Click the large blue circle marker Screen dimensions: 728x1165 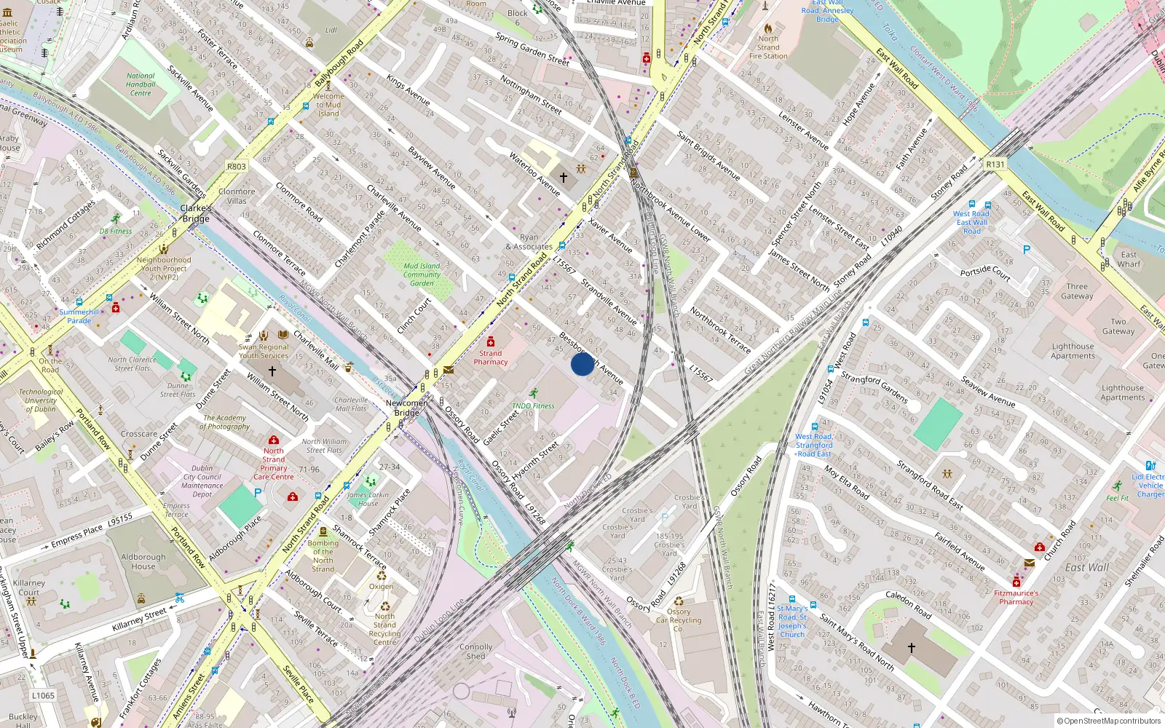tap(582, 364)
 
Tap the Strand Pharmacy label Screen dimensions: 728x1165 tap(490, 357)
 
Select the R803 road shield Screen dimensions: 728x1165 tap(237, 167)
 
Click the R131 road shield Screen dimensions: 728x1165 tap(995, 165)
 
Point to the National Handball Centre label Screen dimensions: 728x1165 tap(141, 84)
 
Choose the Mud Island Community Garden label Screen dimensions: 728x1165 tap(422, 274)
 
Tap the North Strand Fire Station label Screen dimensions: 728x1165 tap(768, 47)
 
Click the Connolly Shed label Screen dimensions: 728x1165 tap(475, 652)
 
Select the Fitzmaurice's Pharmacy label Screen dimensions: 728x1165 tap(1016, 598)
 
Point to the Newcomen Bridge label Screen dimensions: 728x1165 tap(407, 408)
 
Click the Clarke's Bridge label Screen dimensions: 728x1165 tap(196, 213)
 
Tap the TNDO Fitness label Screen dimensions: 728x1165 tap(533, 406)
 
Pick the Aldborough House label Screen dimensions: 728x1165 tap(143, 561)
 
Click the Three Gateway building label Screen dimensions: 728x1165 tap(1077, 291)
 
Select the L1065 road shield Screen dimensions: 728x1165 tap(43, 695)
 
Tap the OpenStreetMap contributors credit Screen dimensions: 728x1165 tap(1108, 721)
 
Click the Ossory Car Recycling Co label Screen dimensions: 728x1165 tap(679, 620)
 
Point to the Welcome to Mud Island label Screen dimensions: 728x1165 tap(328, 105)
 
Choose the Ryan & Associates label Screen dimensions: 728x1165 tap(529, 242)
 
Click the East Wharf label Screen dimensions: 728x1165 tap(1129, 259)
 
